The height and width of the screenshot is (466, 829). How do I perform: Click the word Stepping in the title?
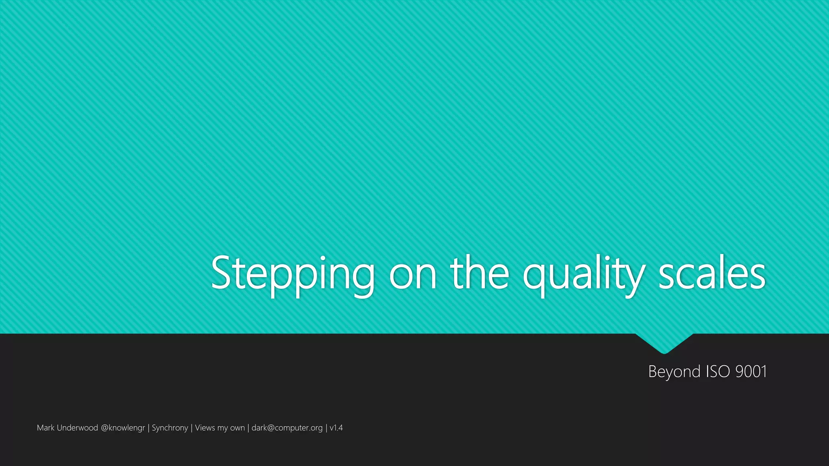coord(293,274)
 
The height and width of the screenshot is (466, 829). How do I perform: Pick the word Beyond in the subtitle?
coord(674,371)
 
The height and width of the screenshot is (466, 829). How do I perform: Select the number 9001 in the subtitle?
coord(751,371)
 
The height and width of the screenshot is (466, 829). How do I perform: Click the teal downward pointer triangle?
coord(664,342)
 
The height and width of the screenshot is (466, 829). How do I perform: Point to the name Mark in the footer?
coord(45,428)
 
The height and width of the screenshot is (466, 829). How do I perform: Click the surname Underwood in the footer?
coord(77,428)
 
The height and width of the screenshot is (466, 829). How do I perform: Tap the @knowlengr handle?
coord(123,428)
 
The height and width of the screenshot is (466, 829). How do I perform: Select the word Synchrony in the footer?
coord(170,428)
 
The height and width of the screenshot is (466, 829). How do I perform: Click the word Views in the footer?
coord(205,428)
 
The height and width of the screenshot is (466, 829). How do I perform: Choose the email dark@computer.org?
coord(287,428)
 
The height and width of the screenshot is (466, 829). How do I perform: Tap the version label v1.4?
coord(336,428)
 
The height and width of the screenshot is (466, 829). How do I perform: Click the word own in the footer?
coord(238,428)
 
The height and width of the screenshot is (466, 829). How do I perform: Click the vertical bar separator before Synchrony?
coord(149,428)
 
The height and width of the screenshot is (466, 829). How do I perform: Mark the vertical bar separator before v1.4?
coord(326,428)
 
